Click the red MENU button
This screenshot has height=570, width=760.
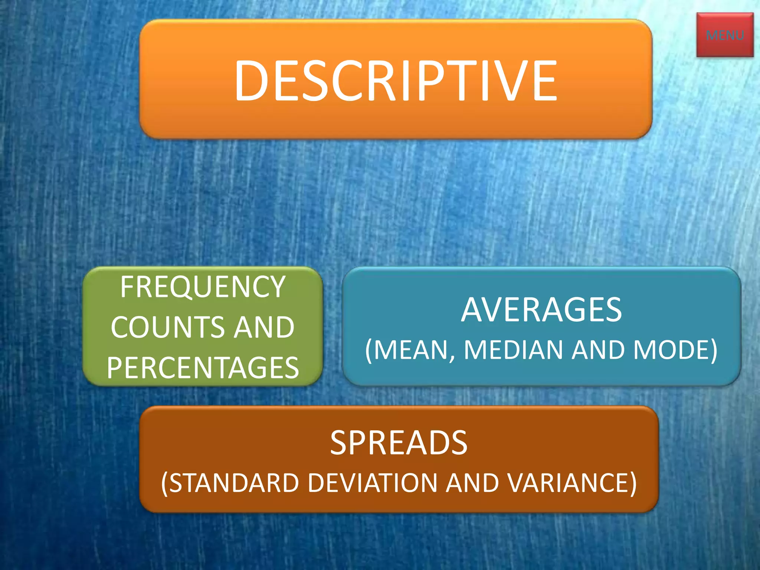(724, 35)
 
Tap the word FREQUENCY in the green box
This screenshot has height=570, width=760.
(203, 287)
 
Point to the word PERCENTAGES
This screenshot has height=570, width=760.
(203, 368)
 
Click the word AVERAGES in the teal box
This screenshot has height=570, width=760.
(541, 310)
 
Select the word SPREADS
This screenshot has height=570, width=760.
(399, 442)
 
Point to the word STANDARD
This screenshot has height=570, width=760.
(235, 483)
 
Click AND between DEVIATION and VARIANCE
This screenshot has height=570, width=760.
(472, 483)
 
